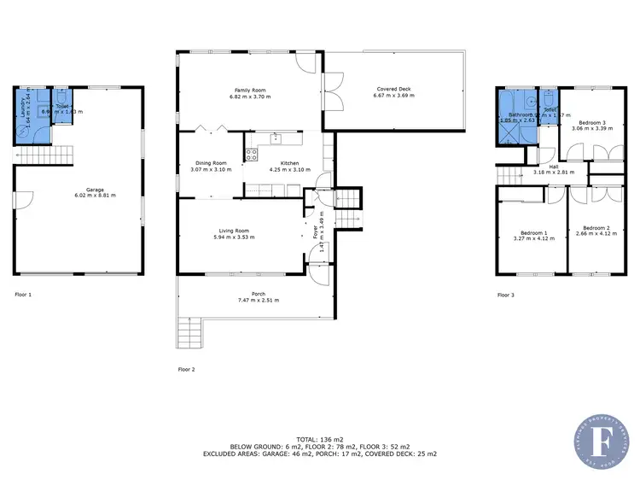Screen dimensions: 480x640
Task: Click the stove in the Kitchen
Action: [x=252, y=155]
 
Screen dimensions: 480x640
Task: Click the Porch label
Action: [x=257, y=294]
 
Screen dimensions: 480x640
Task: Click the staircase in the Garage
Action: [x=44, y=155]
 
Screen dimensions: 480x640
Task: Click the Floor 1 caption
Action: [x=23, y=295]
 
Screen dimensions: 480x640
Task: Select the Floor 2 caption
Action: [x=186, y=370]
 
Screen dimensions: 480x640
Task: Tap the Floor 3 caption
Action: [x=506, y=295]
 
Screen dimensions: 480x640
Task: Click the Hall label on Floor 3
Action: [x=553, y=167]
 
